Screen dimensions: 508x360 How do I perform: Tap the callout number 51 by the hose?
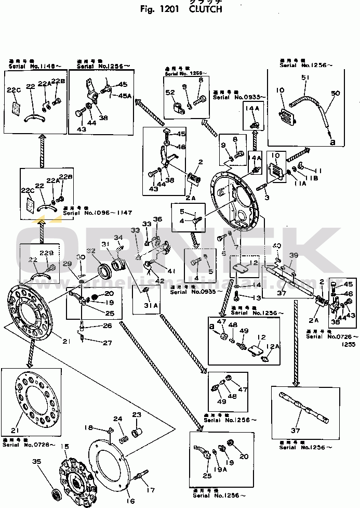coord(304,78)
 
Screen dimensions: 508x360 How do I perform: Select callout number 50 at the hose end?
coord(335,93)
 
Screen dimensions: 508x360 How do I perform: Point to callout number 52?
coord(171,93)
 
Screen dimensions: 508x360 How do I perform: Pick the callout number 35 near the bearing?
coord(36,461)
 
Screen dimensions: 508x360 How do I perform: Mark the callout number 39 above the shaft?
coord(294,255)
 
